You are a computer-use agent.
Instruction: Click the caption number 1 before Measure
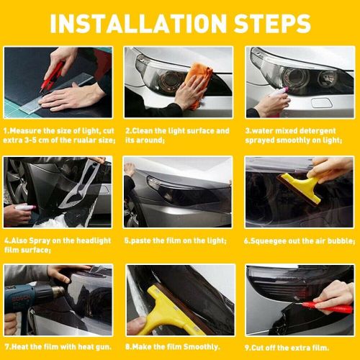click(x=6, y=131)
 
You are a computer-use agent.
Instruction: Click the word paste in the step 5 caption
click(x=142, y=240)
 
